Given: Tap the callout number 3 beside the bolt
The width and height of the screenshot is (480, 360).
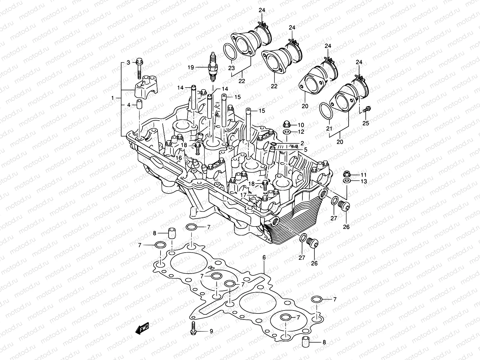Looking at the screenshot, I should tap(128, 63).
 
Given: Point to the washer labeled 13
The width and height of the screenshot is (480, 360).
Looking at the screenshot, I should tap(346, 181).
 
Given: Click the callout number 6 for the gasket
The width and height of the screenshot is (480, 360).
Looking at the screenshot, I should tap(264, 257).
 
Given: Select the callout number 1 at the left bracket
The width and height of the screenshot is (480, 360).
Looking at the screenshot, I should tap(112, 98).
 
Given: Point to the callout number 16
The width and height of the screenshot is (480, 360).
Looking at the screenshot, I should tap(179, 157).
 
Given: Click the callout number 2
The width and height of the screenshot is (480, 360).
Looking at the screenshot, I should tap(302, 143).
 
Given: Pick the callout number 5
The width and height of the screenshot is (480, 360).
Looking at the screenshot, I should tap(305, 149).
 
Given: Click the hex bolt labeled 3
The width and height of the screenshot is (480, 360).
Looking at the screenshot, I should tap(140, 67).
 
